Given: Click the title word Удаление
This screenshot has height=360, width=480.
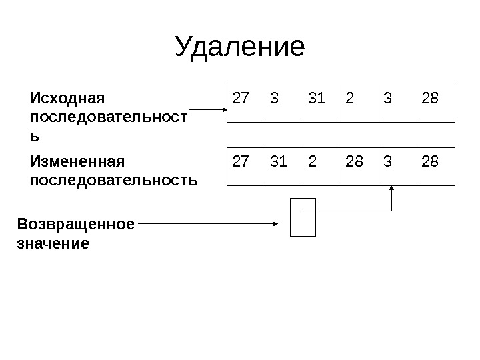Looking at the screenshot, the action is (x=239, y=47).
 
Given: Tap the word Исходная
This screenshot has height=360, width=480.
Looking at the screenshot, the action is (x=68, y=99).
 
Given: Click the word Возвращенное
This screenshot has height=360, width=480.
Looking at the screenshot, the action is (x=75, y=223).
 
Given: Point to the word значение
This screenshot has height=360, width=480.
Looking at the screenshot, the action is (x=53, y=243).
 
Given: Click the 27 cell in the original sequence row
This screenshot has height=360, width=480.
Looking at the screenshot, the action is (x=245, y=103).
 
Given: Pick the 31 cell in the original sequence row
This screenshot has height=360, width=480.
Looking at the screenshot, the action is (x=321, y=103).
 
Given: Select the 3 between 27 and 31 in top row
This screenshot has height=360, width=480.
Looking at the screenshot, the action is (x=283, y=103).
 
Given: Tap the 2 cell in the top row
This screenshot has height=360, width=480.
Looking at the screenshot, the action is (x=359, y=103).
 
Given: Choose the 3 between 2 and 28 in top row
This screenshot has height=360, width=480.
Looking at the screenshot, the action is (x=397, y=103).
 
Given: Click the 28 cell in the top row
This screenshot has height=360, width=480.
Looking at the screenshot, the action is (x=435, y=103).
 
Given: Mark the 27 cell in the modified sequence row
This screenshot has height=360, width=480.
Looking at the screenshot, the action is (x=245, y=166).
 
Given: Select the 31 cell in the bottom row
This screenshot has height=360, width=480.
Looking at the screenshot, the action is (x=283, y=166).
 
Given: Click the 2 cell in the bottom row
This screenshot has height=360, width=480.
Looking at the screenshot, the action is (x=321, y=166).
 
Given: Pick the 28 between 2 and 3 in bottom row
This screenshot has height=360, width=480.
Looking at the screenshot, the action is (x=359, y=166).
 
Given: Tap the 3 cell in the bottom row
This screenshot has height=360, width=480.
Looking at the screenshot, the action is (x=397, y=166).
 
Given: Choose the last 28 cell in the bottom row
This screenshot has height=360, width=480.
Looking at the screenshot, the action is (x=435, y=166).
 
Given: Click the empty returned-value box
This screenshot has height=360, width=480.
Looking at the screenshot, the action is (x=303, y=217).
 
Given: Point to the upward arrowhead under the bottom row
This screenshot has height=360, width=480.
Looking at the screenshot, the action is (x=393, y=189).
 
